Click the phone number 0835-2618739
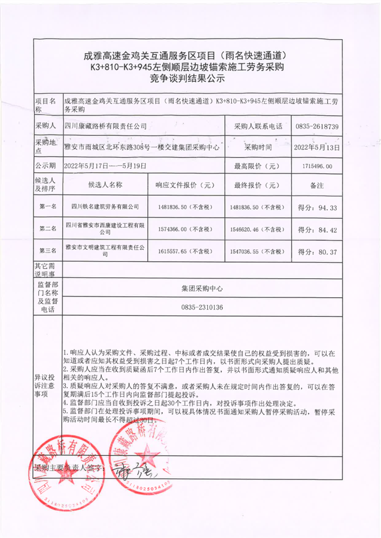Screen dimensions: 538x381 317,127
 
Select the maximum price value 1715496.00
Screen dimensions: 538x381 317,166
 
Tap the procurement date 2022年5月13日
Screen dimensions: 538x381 317,147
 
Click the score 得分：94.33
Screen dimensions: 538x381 317,207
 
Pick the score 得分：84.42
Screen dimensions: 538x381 317,230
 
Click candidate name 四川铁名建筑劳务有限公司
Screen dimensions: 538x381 105,207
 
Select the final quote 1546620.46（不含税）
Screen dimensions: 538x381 258,229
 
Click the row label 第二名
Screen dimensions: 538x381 48,229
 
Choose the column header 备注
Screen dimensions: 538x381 317,186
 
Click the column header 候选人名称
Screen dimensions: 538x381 105,186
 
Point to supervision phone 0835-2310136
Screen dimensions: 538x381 202,307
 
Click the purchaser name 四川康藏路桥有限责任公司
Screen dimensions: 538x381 106,127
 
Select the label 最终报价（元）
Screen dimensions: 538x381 257,186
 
